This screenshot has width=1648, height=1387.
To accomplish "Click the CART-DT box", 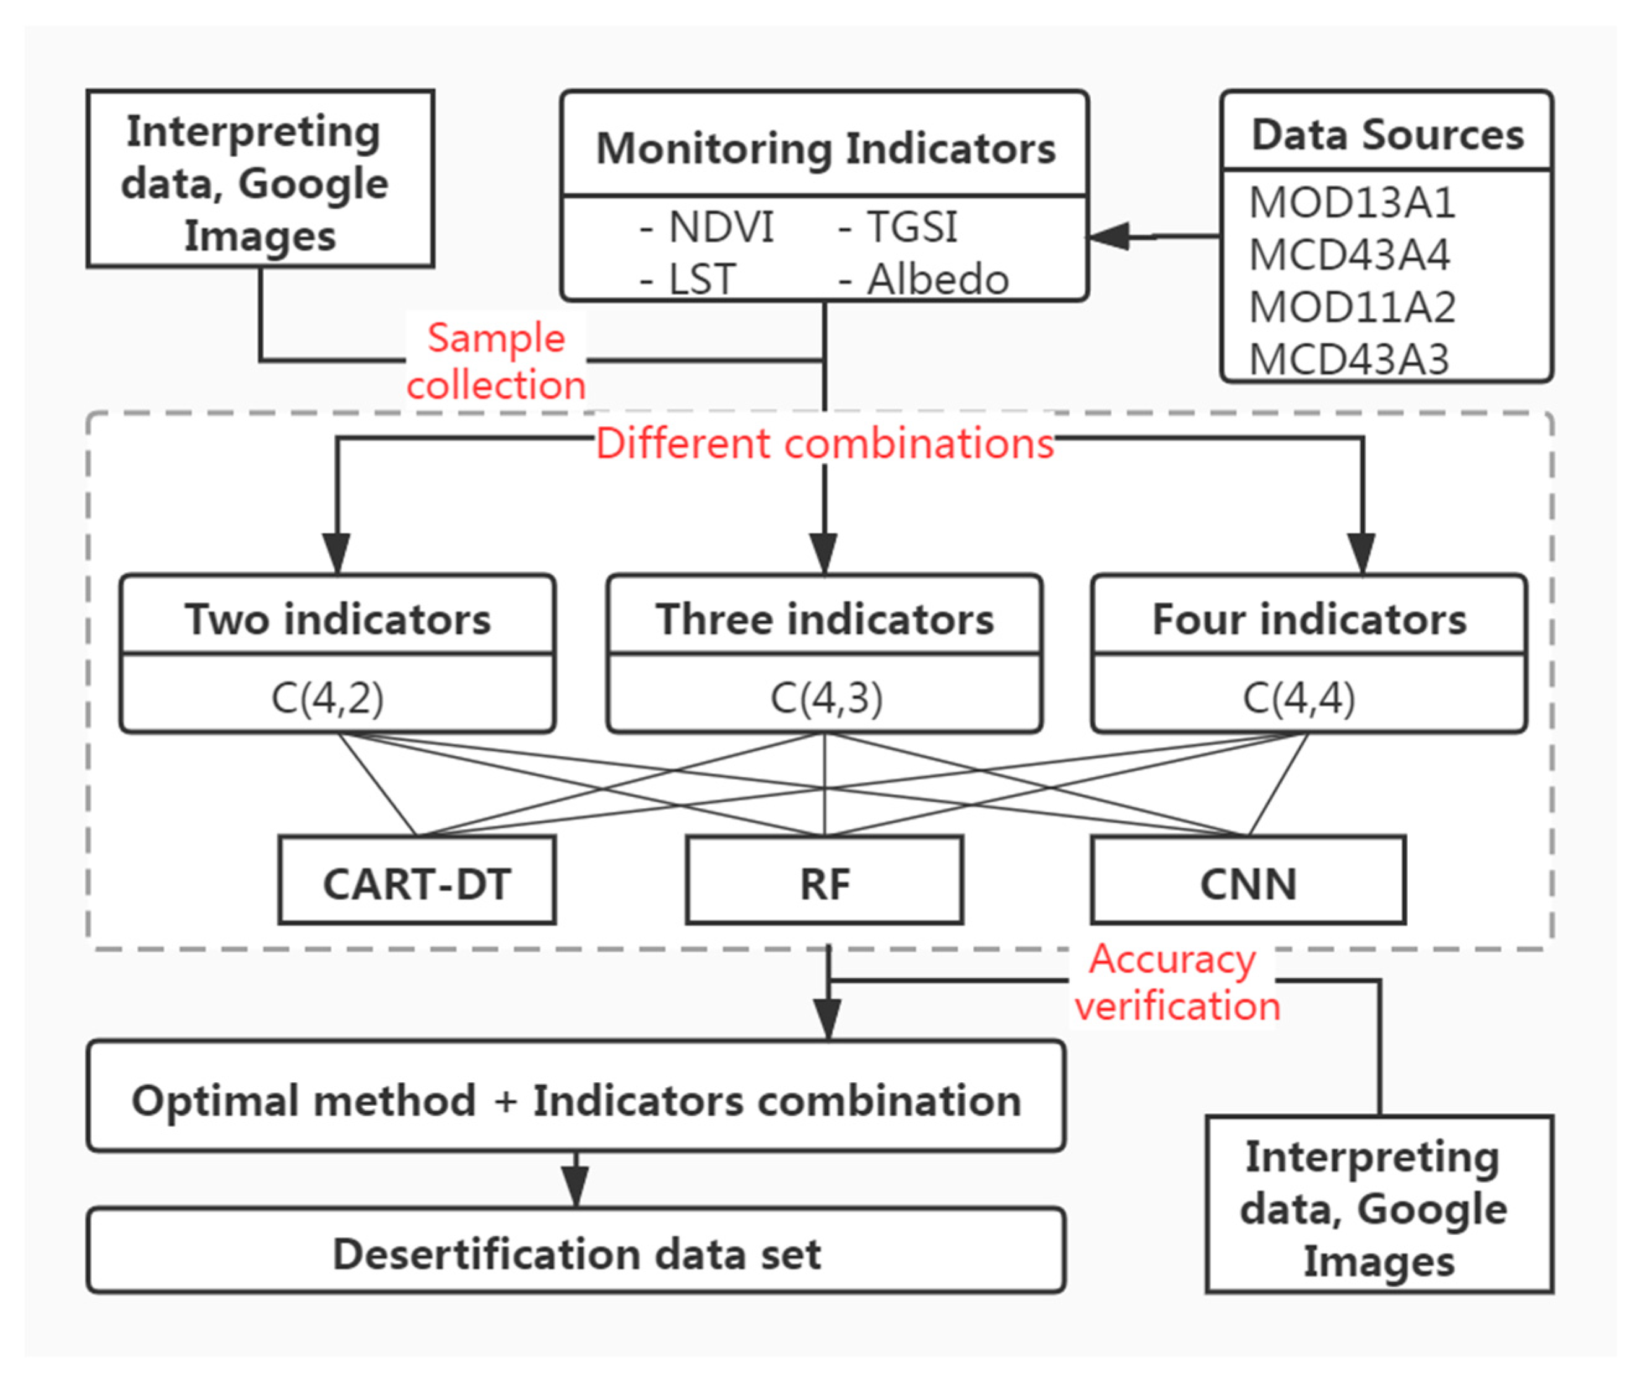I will (417, 883).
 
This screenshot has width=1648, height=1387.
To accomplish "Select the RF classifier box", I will (825, 883).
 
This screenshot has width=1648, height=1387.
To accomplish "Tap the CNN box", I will (1247, 883).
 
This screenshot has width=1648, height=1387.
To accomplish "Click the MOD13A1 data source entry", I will (1351, 203).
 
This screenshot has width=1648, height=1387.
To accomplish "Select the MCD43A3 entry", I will (1348, 359).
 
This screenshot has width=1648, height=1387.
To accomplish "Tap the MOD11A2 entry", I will (1351, 307).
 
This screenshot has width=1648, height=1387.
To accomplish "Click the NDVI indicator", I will (720, 227).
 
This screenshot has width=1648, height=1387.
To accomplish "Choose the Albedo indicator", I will (937, 279).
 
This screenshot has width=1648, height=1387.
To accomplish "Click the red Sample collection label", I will (496, 361).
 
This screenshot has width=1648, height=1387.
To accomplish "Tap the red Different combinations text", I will (825, 444).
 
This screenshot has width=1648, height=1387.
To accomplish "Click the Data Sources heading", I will (1387, 134).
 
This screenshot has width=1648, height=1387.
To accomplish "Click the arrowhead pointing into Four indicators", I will (1361, 554).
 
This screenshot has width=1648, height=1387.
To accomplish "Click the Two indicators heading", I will (337, 619).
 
